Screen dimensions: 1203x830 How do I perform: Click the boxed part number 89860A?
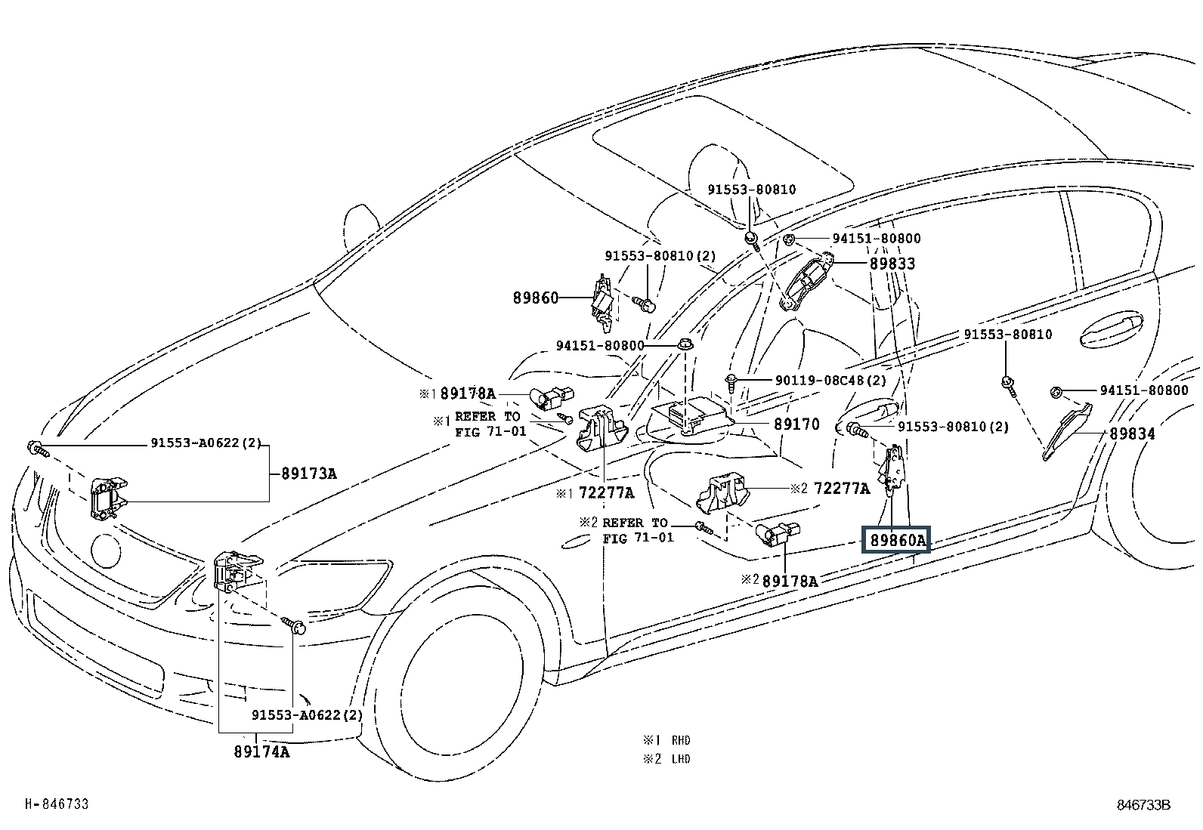895,539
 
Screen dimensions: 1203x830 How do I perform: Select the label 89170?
796,424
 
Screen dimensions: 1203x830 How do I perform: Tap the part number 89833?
892,264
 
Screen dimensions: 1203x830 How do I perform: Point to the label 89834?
1132,434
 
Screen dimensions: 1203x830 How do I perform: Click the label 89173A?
309,474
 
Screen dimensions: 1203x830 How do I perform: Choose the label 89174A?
261,751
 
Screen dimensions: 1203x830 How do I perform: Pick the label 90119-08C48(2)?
830,380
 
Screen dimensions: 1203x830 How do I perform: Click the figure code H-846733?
57,804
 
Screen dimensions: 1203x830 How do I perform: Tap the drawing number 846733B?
1144,805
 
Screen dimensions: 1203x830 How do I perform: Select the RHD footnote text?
681,740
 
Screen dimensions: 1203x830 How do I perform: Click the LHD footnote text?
681,759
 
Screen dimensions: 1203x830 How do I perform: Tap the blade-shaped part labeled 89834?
1067,431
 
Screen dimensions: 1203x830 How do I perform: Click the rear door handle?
1111,329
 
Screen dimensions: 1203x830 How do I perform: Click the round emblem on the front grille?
107,551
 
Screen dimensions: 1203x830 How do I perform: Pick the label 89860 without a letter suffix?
536,298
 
